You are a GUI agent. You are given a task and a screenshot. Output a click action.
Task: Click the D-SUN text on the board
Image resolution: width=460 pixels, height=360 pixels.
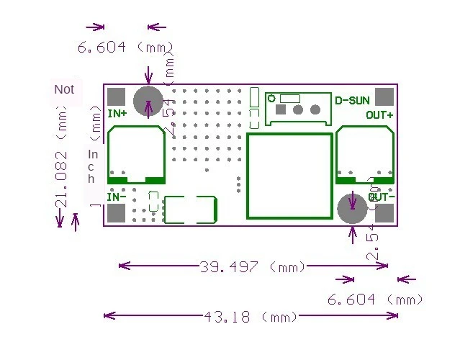(x=353, y=100)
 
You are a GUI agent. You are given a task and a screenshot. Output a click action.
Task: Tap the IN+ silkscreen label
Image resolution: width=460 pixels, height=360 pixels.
(x=117, y=113)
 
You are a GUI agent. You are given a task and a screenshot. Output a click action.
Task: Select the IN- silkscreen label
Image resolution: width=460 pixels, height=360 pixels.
(x=117, y=197)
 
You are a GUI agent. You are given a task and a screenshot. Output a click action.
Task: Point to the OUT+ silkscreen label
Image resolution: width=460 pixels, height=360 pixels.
(x=379, y=115)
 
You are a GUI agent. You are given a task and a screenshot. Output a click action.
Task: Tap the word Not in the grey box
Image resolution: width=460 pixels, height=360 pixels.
(x=64, y=90)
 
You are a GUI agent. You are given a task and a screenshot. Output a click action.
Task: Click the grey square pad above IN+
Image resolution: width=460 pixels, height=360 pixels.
(x=116, y=96)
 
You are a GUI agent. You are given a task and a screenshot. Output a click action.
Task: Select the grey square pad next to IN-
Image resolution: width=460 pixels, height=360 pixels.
(x=116, y=213)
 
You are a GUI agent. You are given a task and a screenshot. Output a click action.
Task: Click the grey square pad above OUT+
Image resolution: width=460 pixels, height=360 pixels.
(x=385, y=97)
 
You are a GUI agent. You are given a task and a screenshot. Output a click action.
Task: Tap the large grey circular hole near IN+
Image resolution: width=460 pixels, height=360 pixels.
(x=149, y=98)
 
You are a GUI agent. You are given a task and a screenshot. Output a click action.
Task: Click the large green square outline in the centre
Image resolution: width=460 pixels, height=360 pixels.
(x=288, y=175)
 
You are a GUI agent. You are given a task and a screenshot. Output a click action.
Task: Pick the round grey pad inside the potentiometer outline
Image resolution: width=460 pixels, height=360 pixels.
(x=315, y=110)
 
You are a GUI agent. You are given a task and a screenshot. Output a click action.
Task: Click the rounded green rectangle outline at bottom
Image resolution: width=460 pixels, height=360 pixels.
(x=191, y=209)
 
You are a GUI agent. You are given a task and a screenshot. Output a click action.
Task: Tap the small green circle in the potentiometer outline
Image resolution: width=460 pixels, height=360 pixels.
(x=271, y=98)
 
